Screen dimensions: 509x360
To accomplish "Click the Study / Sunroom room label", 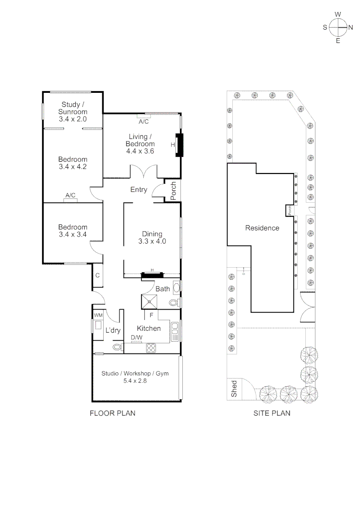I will tap(73, 108).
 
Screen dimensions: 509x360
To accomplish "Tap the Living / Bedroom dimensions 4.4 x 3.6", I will tap(140, 151).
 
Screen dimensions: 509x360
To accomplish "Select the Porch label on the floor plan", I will tap(173, 191).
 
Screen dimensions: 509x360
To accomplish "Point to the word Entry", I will tap(139, 189).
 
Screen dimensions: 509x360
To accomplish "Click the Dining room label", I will tap(152, 234).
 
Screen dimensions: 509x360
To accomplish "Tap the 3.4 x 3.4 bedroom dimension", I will tap(73, 234).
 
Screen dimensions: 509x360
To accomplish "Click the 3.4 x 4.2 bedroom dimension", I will tap(73, 166).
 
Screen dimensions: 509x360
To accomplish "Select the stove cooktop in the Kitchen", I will tap(152, 348).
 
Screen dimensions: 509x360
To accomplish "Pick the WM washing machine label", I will tap(98, 315).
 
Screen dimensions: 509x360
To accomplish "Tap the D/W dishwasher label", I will tap(136, 337).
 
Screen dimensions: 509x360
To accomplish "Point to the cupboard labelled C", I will tap(98, 275).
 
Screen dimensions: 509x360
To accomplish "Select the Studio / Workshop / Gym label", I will tap(135, 374).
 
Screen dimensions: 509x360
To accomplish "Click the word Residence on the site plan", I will tap(262, 228).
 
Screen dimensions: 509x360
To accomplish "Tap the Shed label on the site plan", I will tap(234, 389).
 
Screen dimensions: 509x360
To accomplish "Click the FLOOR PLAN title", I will tap(113, 413).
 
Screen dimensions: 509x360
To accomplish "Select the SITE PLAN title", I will tap(271, 413).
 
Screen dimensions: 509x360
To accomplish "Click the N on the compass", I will tap(350, 27).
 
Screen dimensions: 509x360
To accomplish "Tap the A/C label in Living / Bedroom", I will tap(143, 122).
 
